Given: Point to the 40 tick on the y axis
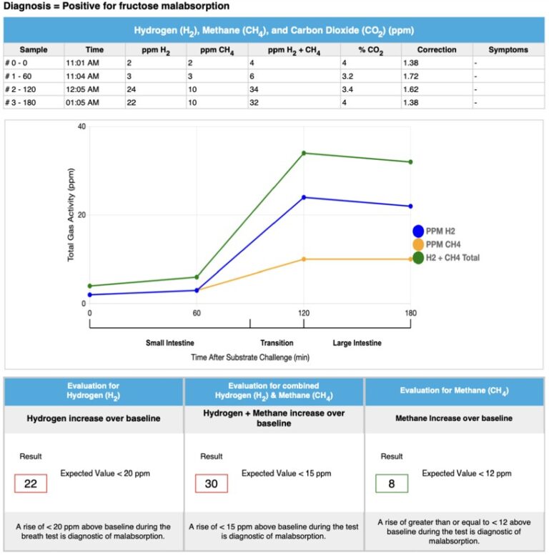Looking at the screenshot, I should [x=81, y=127].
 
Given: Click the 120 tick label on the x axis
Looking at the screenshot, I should [x=304, y=313].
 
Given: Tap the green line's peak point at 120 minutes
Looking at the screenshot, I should [x=304, y=153].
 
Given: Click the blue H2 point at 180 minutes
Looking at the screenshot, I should [x=410, y=206].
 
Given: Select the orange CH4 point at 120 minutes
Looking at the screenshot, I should [x=304, y=259].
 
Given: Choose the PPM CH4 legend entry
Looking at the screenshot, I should [x=443, y=244].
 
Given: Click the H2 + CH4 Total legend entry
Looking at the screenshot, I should [x=452, y=258].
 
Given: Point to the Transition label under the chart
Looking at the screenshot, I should [x=277, y=343].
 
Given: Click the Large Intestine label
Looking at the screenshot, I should [x=357, y=343].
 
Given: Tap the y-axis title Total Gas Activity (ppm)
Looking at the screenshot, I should [x=71, y=214].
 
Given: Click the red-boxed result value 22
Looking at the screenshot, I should [x=31, y=484].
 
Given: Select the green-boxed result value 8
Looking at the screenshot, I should [x=392, y=484].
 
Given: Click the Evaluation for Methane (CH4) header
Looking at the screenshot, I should [x=455, y=391].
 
